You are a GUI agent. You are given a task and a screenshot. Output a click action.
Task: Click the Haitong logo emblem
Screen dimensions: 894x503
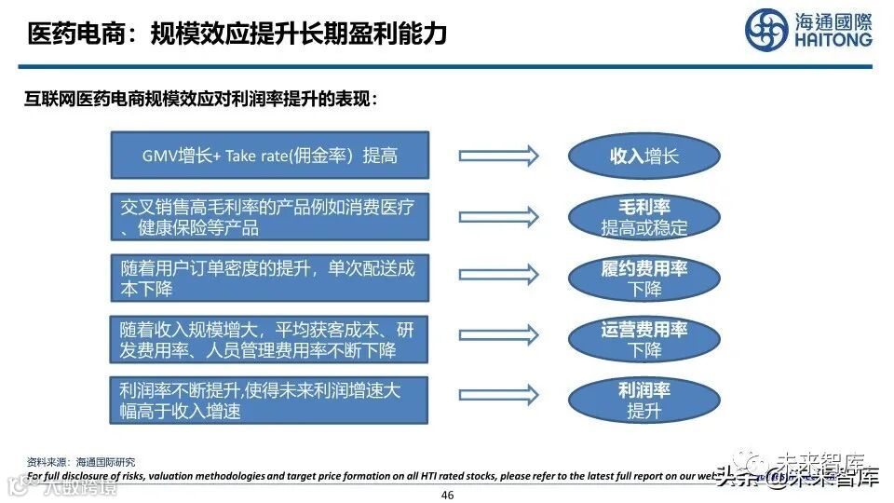tap(765, 30)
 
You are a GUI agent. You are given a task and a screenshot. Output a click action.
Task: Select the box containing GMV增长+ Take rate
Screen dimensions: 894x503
tap(270, 156)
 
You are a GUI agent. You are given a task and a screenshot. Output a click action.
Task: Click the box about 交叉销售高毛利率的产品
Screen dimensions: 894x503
tap(270, 216)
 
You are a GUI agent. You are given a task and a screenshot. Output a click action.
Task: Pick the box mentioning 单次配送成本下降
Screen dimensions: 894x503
tap(270, 278)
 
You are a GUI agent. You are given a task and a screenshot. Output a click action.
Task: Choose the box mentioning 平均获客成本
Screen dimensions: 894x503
tap(270, 339)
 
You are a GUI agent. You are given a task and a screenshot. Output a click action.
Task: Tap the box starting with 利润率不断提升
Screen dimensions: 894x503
tap(270, 399)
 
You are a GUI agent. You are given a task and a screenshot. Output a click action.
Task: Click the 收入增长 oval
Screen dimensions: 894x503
tap(644, 156)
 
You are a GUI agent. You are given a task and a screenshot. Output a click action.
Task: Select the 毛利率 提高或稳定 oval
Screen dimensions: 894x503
tap(644, 216)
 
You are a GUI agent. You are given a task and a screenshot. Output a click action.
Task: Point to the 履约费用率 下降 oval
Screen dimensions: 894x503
tap(644, 278)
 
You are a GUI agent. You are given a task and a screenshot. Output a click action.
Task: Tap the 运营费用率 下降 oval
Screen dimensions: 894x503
tap(644, 339)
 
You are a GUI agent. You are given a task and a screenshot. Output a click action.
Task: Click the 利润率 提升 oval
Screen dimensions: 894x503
tap(644, 399)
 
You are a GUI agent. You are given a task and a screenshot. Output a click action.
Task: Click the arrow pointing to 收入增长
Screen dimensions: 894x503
tap(498, 156)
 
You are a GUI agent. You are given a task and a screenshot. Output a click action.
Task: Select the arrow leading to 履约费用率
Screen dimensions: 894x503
tap(498, 275)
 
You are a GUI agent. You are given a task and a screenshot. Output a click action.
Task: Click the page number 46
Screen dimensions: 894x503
tap(447, 495)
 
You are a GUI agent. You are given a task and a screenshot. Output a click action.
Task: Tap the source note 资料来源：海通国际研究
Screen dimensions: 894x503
tap(81, 461)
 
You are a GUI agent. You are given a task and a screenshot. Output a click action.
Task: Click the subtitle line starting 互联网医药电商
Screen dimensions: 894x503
tap(201, 100)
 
